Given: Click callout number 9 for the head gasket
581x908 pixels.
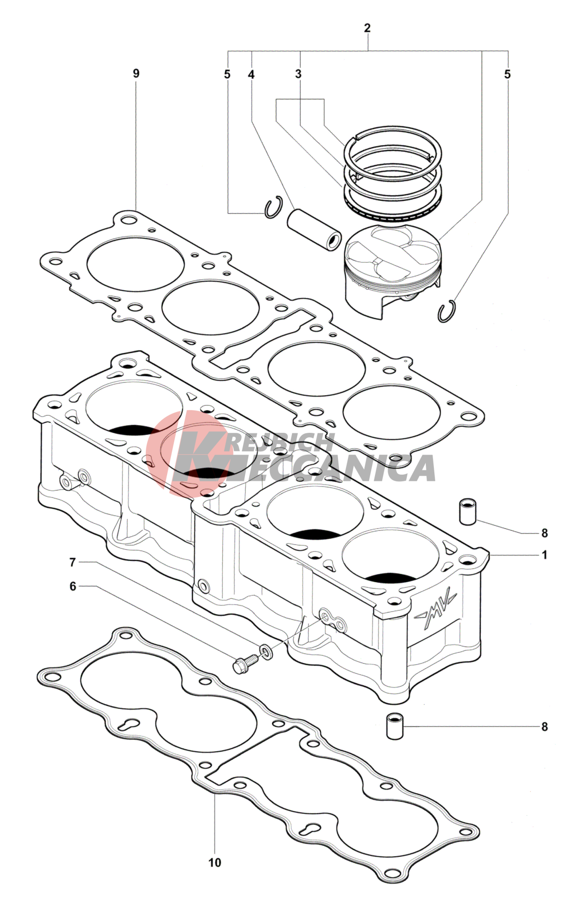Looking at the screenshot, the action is click(136, 74).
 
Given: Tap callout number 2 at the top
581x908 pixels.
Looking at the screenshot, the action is click(367, 28).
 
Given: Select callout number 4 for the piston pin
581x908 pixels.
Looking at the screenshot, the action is click(251, 74).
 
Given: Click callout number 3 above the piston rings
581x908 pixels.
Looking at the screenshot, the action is click(298, 74).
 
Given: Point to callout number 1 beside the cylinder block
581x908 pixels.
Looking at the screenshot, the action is click(544, 555).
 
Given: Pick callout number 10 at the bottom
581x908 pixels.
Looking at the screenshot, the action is click(215, 862).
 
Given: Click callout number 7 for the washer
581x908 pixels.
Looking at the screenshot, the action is click(73, 563).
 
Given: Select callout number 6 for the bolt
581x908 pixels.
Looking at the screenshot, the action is click(73, 587).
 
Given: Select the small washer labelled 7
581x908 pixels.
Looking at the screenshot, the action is click(266, 651).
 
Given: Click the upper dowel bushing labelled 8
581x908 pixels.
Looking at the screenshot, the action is click(468, 511).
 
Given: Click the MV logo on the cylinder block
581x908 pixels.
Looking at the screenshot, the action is click(436, 611).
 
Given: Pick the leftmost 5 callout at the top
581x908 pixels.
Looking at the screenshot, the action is click(227, 75).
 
